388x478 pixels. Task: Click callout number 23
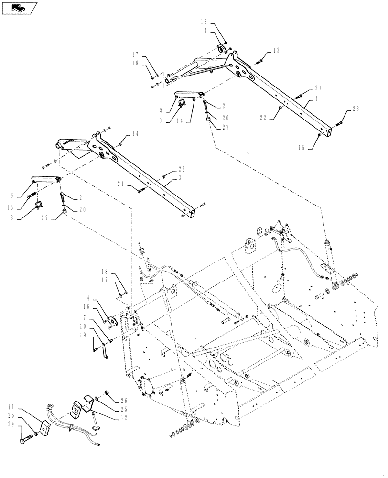[x=355, y=109]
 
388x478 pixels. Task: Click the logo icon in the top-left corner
[x=19, y=8]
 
